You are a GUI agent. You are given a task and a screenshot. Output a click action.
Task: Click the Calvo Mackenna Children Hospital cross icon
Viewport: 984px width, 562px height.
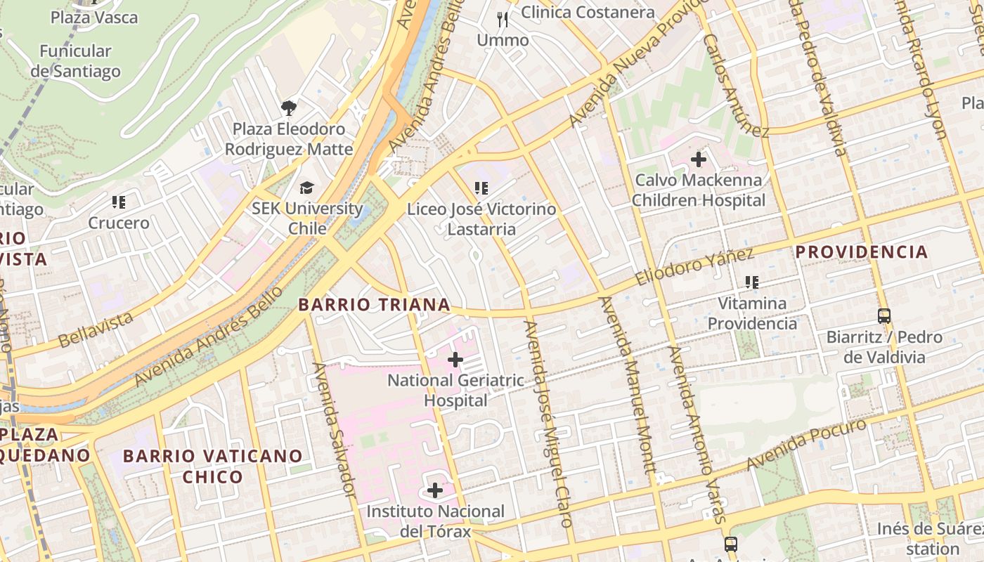point(698,159)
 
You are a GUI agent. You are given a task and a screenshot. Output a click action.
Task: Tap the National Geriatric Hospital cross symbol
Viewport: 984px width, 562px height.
point(455,360)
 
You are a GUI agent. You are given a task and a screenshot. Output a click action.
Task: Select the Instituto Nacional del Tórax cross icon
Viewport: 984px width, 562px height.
point(435,490)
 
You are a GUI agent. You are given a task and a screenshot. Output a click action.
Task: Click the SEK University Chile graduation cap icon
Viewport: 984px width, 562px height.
point(307,188)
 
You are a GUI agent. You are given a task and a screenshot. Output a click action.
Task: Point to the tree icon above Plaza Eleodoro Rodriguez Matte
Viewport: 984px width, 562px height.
point(288,107)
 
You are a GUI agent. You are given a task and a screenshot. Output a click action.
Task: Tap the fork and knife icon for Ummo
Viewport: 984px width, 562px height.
point(503,20)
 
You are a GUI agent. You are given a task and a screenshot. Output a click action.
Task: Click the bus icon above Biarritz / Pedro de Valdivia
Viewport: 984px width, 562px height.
point(884,316)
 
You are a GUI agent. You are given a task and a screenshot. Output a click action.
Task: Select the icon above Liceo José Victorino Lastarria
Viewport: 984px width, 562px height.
point(481,188)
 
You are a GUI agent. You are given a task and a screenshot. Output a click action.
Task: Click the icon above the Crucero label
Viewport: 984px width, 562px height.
point(119,202)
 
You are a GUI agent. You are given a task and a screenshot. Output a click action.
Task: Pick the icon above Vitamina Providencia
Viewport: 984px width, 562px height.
point(752,282)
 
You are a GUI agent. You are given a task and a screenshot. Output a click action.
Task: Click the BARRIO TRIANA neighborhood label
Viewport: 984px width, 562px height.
point(374,304)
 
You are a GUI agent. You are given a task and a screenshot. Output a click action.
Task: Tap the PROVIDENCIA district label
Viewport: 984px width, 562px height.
point(862,251)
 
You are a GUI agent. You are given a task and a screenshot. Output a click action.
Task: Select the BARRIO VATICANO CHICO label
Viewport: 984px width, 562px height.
point(213,466)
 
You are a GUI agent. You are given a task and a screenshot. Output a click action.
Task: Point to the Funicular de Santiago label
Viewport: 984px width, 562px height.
point(76,61)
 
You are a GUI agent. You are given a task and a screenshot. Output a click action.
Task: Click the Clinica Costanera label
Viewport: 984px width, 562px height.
point(588,12)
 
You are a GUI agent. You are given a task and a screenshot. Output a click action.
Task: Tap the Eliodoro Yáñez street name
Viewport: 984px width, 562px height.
point(694,266)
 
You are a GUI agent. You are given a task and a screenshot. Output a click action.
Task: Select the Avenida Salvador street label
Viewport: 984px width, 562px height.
point(335,429)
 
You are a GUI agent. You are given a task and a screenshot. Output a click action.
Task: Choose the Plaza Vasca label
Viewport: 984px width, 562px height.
point(94,17)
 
